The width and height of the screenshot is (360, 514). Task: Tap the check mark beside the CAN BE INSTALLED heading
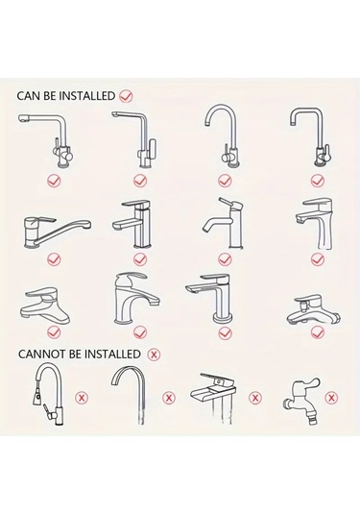pos(126,96)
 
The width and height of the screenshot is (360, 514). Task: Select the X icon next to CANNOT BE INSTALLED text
pos(154,355)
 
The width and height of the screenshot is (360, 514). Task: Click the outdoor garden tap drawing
pos(301,401)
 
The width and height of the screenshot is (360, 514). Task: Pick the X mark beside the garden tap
pos(331,398)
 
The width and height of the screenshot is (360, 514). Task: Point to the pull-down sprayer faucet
pos(49,395)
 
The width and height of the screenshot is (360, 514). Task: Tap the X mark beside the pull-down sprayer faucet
pos(82,398)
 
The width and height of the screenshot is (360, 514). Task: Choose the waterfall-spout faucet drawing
pos(213,398)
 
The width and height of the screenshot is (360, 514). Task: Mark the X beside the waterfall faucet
pos(255,398)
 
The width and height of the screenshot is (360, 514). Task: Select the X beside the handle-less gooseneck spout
pos(169,398)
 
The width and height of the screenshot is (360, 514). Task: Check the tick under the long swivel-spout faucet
pos(54,259)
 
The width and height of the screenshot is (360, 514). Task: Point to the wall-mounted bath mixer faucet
pos(314,310)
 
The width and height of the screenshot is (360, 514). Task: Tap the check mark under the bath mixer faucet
pos(318,332)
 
